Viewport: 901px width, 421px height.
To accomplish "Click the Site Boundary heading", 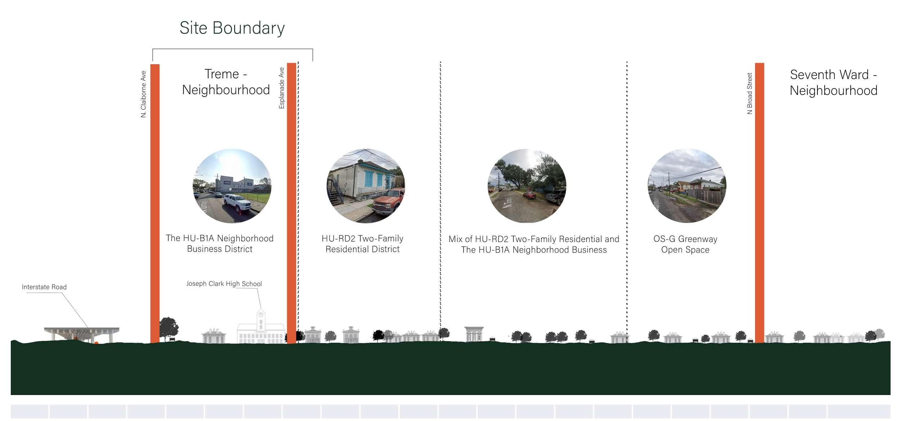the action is coord(232,28).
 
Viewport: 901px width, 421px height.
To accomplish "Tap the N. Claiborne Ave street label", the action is coord(143,94).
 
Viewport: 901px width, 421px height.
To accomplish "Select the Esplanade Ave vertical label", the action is coord(281,88).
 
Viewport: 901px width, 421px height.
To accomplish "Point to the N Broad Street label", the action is coord(750,93).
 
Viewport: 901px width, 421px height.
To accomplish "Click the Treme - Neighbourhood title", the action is coord(226,82).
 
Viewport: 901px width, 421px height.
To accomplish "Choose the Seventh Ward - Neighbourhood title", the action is coord(833,83).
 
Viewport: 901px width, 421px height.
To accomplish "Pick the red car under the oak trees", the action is coord(530,195).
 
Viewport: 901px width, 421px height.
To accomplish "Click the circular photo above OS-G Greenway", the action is coord(687,186).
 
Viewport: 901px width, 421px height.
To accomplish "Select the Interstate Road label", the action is coord(44,287).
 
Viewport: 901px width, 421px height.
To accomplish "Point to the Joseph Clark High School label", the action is coord(224,284).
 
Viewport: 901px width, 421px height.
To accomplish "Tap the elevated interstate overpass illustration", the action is coord(82,334).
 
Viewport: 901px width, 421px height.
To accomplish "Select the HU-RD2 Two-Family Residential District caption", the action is coord(362,244).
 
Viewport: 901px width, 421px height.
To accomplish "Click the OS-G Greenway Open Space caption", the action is coord(685,245).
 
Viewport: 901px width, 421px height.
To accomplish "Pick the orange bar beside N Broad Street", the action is coord(759,203).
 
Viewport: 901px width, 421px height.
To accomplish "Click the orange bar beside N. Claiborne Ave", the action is coord(155,203).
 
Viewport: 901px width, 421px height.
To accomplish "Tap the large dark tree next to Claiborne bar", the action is coord(168,329).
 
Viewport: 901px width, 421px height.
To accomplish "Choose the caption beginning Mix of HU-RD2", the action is coord(534,245).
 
